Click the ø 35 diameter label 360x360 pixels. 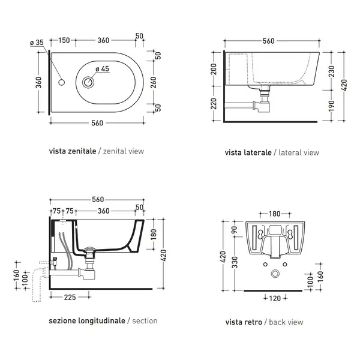[x=37, y=43]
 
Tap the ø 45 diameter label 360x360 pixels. [x=103, y=69]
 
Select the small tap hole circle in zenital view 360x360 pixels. [x=62, y=82]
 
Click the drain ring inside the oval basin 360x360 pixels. [x=88, y=82]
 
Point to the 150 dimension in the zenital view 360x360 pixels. [x=64, y=40]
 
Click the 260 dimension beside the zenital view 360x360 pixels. [x=154, y=82]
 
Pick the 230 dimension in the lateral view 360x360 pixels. [x=331, y=71]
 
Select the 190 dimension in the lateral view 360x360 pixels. [x=331, y=106]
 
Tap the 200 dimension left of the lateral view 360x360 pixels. [x=214, y=69]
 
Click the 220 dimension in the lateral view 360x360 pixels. [x=214, y=104]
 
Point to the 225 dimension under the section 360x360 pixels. [x=70, y=298]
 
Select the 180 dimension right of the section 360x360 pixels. [x=154, y=234]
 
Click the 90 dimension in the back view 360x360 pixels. [x=234, y=229]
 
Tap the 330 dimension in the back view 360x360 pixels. [x=235, y=262]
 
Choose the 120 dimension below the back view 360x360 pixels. [x=275, y=298]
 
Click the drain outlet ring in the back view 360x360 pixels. [x=275, y=274]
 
